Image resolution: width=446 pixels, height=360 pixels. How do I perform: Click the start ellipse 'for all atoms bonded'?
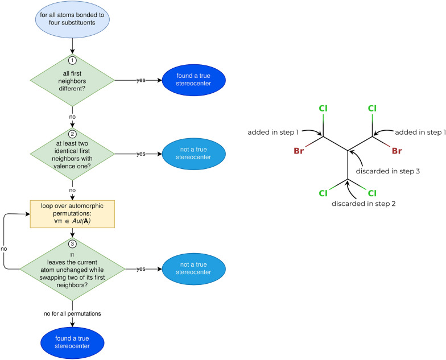(73, 19)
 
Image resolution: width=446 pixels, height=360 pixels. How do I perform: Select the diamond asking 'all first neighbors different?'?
(73, 81)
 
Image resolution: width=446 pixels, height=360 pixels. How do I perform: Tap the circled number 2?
(73, 135)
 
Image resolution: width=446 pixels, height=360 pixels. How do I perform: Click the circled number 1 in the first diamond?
(73, 60)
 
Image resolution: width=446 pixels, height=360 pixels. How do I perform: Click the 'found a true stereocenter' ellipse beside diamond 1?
(194, 80)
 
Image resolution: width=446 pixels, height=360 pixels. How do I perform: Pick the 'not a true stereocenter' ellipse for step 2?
(194, 154)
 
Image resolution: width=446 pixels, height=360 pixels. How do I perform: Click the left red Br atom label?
(300, 151)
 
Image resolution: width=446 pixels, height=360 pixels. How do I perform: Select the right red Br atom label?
(397, 151)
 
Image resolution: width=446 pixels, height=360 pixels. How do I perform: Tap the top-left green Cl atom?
(324, 108)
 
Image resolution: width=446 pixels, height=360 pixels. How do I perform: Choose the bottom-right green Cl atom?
(372, 193)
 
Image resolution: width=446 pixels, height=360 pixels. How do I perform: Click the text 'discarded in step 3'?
(388, 170)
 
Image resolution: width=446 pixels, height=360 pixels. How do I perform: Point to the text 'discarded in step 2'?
(348, 203)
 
